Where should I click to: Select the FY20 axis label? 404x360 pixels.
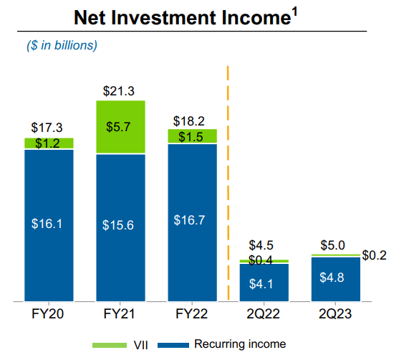pyautogui.click(x=48, y=313)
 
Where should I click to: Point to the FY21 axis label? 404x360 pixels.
pyautogui.click(x=120, y=313)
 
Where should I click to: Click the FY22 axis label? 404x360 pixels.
pyautogui.click(x=192, y=313)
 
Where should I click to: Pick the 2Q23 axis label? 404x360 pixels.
pyautogui.click(x=335, y=313)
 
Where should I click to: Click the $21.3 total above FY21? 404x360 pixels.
pyautogui.click(x=120, y=90)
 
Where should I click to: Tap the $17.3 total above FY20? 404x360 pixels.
pyautogui.click(x=48, y=128)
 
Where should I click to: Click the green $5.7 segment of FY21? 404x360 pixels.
pyautogui.click(x=120, y=127)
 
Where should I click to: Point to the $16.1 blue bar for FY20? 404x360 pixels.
pyautogui.click(x=48, y=224)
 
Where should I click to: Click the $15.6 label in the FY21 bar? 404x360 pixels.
pyautogui.click(x=120, y=224)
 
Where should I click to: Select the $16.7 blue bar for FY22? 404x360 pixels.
pyautogui.click(x=192, y=221)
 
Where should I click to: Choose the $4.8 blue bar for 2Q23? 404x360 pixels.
pyautogui.click(x=335, y=278)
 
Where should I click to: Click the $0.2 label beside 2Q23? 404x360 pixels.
pyautogui.click(x=374, y=255)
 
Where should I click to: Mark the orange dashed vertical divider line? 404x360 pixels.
pyautogui.click(x=228, y=179)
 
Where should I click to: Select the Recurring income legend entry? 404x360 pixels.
pyautogui.click(x=229, y=345)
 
